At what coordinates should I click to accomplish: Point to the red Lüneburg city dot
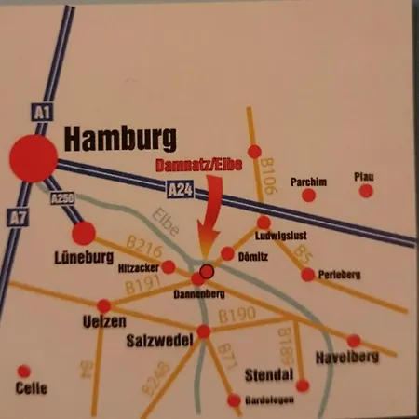84,233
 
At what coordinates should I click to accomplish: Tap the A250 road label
61,197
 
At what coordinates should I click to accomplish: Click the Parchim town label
309,182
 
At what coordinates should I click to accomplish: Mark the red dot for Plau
366,191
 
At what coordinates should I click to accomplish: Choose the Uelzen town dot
103,305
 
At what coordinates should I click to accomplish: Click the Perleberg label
338,276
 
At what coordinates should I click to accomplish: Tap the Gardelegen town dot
234,400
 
